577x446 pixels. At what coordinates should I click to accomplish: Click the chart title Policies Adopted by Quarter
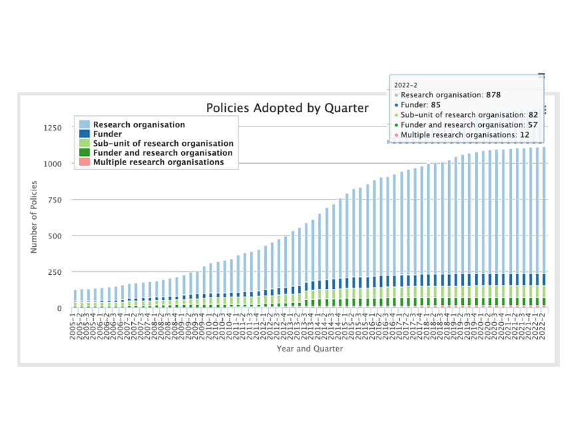tap(287, 108)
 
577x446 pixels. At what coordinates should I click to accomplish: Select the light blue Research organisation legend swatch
tap(84, 124)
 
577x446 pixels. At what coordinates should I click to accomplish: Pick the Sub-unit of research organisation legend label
tap(163, 143)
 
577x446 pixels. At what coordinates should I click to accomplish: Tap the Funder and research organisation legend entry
tap(162, 152)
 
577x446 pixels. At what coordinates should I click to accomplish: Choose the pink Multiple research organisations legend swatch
tap(84, 162)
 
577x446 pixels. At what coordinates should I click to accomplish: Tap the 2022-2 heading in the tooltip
tap(405, 85)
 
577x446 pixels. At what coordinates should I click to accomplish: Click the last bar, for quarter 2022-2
tap(543, 226)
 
